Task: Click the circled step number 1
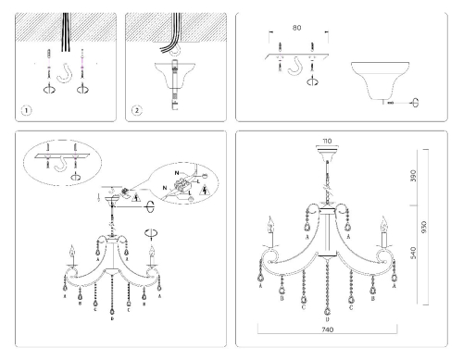(25, 110)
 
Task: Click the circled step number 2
(137, 110)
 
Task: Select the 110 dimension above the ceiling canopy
(326, 141)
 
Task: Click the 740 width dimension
(326, 331)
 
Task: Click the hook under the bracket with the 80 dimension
(298, 68)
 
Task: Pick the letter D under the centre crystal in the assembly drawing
(112, 330)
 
